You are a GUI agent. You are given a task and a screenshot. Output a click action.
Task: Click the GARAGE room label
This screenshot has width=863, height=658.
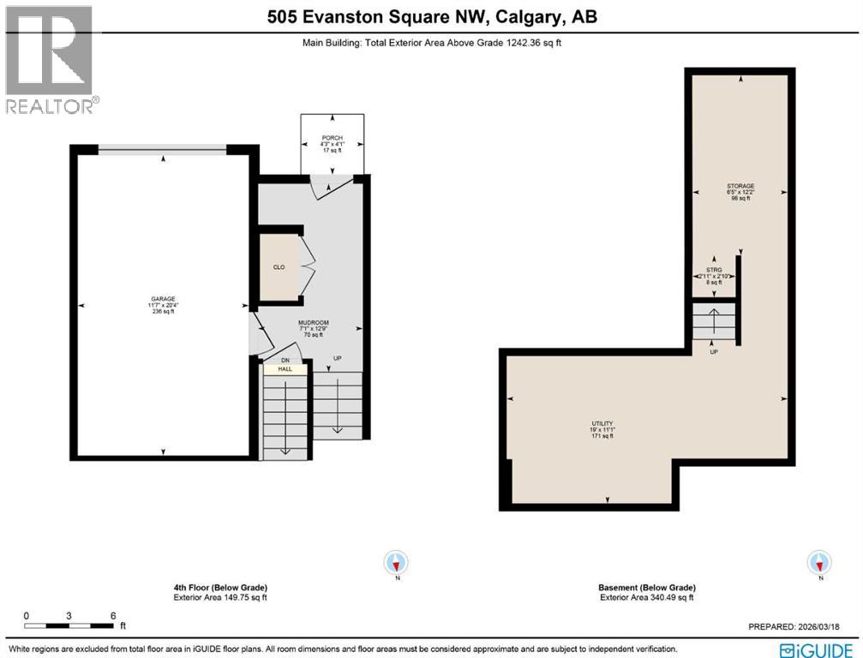pos(163,299)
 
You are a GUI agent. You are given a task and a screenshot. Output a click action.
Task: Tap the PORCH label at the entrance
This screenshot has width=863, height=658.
pos(332,137)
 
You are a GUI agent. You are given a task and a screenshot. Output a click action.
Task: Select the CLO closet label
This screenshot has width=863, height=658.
pos(279,267)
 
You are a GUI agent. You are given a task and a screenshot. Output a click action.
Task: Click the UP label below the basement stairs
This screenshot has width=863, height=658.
pos(712,352)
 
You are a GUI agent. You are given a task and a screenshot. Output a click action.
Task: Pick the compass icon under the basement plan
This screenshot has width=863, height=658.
pos(819,563)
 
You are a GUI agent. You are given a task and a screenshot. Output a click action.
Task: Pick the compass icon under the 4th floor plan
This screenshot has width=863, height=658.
pos(396,563)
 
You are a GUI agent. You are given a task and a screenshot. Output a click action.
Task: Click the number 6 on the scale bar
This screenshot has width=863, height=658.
pos(113,616)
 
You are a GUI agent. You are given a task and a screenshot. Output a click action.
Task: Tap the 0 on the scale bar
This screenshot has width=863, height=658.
pos(27,616)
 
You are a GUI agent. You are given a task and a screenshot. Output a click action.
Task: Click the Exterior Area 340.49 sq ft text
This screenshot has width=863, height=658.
pos(647,598)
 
